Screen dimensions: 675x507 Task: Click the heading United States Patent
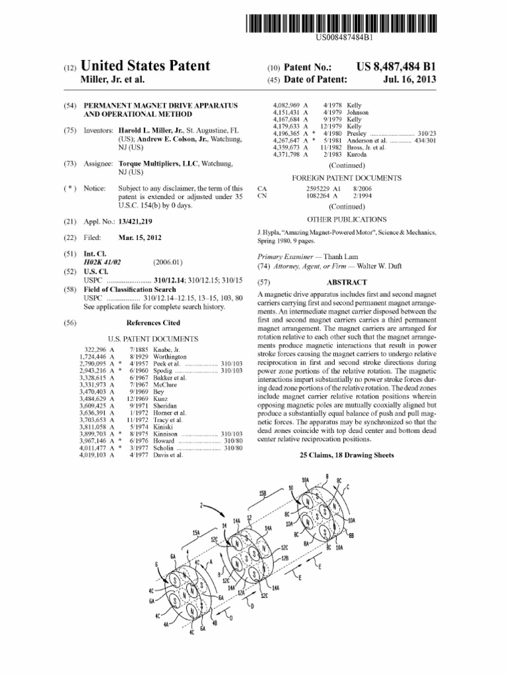145,65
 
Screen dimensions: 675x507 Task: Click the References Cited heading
152,322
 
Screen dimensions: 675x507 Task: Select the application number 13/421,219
136,222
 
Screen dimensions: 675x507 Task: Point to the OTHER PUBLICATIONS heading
347,219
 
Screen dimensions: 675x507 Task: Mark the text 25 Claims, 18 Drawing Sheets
347,455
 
